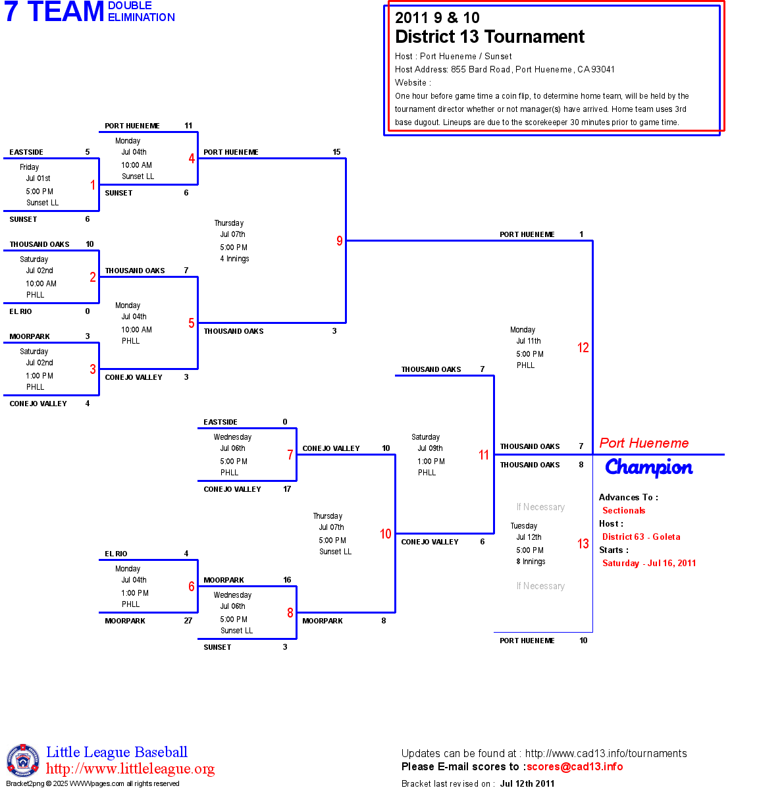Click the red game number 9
click(340, 241)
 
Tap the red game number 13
click(583, 544)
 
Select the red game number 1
click(93, 185)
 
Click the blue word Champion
click(648, 467)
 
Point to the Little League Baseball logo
click(23, 760)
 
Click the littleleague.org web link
click(130, 769)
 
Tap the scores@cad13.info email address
click(575, 766)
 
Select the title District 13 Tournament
click(490, 37)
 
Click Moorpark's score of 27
click(188, 621)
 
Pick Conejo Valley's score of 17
click(287, 489)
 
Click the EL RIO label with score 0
click(20, 311)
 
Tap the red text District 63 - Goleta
click(641, 537)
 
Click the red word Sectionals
click(623, 510)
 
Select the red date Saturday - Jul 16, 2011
click(649, 563)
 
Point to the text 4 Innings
click(234, 259)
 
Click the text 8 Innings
click(531, 562)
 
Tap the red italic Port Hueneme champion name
click(644, 443)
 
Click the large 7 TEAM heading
click(55, 12)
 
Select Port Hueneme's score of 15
click(336, 152)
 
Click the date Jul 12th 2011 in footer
click(527, 783)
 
